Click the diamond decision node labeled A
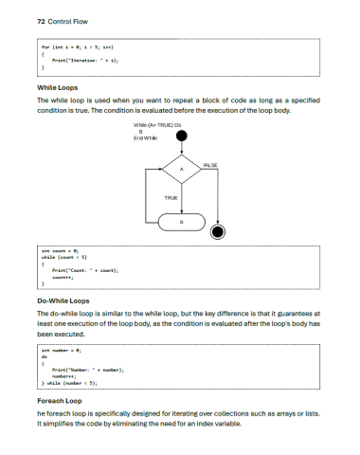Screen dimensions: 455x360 (181, 170)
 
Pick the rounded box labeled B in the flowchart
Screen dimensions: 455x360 (181, 222)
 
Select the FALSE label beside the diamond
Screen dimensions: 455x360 (210, 165)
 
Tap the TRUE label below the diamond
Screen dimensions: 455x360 (171, 197)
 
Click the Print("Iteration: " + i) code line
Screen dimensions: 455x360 (85, 59)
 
